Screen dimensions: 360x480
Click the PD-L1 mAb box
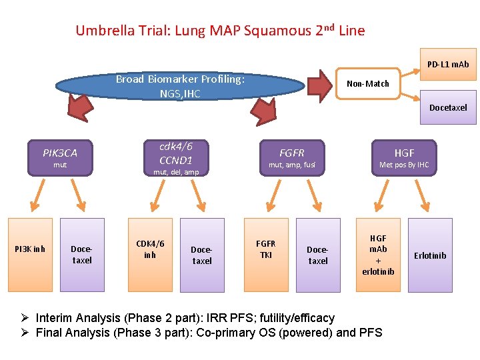pos(447,64)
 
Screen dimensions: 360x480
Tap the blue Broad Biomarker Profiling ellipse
pos(180,87)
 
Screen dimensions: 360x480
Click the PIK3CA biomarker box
pos(60,157)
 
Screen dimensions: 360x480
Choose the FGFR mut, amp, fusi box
pos(291,157)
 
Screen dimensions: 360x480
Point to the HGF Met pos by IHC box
pos(404,157)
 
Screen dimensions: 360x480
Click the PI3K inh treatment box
pos(30,254)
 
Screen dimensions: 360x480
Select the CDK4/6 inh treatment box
pos(150,254)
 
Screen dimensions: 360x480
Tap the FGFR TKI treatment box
pos(266,254)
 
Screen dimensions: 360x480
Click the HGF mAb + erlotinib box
pos(378,254)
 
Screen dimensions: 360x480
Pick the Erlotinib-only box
pos(430,254)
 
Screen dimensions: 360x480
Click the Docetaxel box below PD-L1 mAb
pos(447,107)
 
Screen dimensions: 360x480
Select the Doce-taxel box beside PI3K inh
pos(82,254)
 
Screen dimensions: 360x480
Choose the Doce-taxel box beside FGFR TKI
pos(318,254)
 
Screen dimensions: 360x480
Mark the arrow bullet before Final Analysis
pos(26,333)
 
